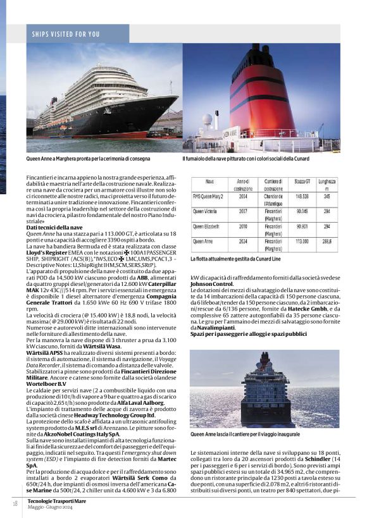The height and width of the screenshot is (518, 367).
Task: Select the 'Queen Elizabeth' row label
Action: [x=211, y=226]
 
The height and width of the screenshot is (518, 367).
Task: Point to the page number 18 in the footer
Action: [x=14, y=503]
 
